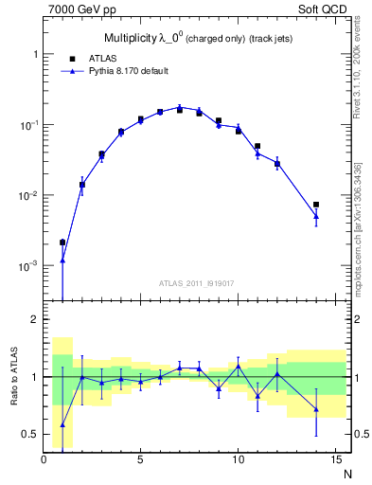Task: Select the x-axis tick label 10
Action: (238, 461)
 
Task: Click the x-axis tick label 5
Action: (141, 461)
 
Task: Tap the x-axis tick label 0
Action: (44, 461)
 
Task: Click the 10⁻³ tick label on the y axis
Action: (27, 266)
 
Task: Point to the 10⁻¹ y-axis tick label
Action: (27, 125)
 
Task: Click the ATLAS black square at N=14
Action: (316, 205)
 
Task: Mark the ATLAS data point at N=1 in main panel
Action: (62, 242)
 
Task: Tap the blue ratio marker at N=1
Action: (62, 424)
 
